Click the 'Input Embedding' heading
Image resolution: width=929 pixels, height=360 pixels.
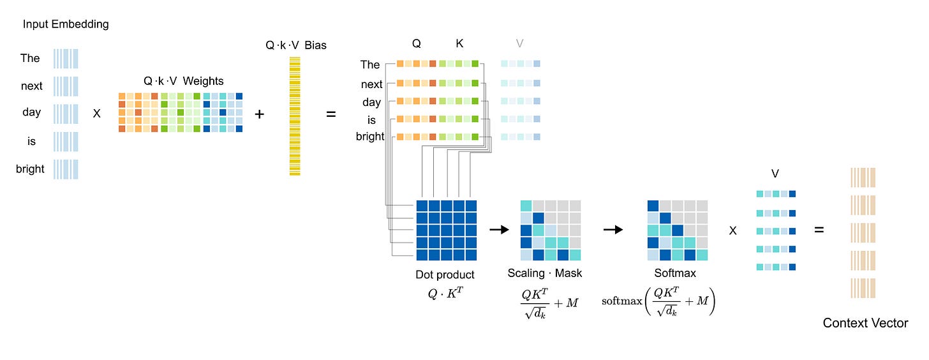pos(66,24)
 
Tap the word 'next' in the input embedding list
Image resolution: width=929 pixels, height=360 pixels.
pos(32,86)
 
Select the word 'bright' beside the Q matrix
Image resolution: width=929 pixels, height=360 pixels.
pos(370,136)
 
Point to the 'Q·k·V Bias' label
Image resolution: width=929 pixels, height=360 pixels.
pos(295,45)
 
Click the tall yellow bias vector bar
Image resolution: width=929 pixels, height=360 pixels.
pos(295,116)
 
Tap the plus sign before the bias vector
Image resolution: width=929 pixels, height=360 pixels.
pos(259,114)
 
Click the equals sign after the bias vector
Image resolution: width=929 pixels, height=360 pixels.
pos(331,114)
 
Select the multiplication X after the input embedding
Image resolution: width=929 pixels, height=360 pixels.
pos(97,114)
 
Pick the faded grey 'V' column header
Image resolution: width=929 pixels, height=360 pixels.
pos(519,43)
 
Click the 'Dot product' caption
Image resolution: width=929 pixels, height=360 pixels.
pos(445,274)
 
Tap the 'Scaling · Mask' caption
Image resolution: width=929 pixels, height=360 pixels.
pos(545,273)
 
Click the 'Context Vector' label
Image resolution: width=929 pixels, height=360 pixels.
pos(865,323)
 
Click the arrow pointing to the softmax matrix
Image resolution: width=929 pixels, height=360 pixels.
pos(613,229)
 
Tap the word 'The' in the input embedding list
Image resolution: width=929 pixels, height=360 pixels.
pos(30,58)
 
